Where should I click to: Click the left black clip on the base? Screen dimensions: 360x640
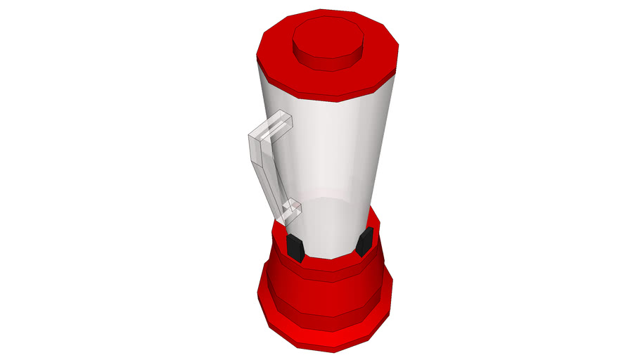coord(295,247)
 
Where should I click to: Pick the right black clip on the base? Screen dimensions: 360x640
coord(365,243)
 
